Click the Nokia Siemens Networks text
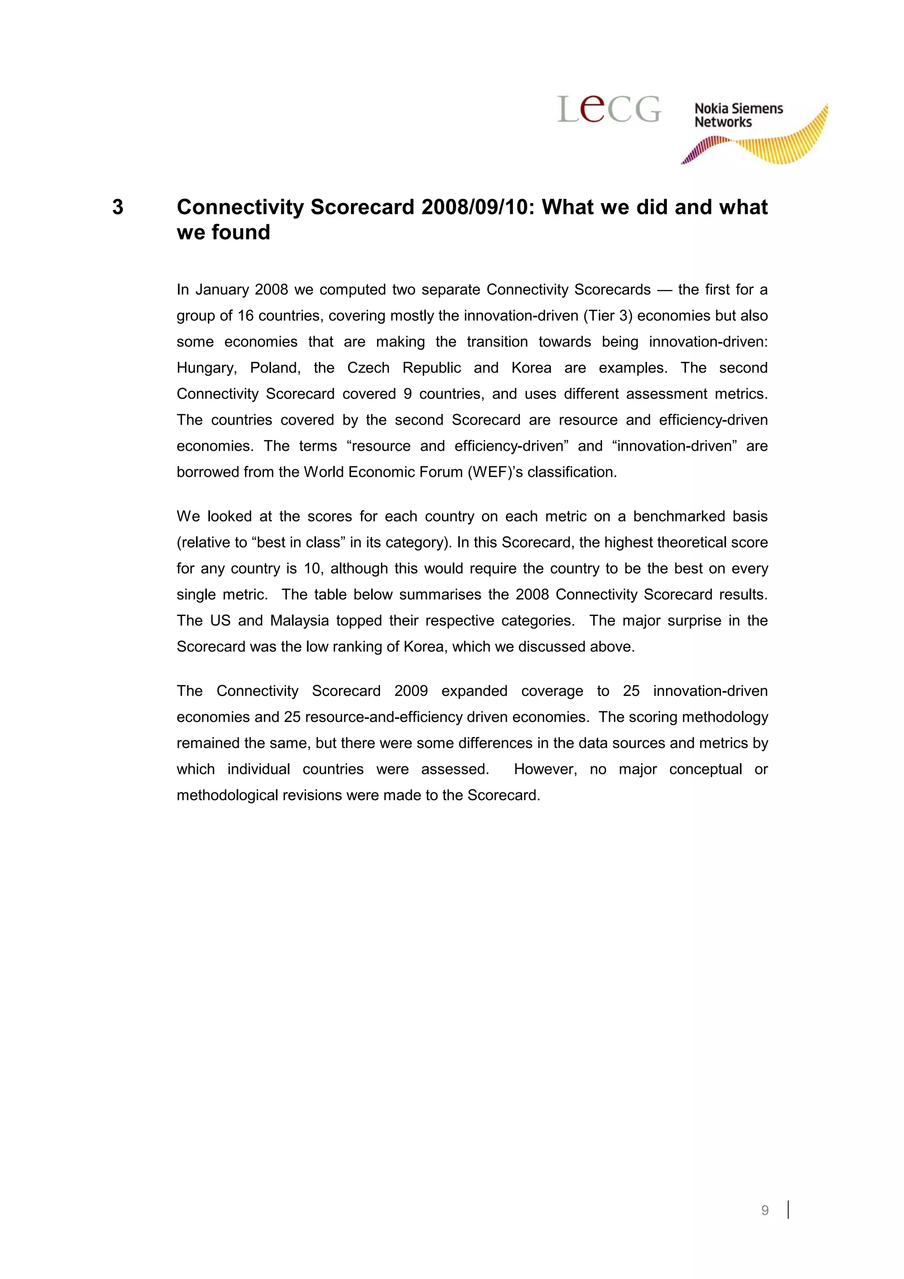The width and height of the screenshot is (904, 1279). pos(738,115)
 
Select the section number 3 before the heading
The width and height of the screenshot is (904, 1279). pos(117,207)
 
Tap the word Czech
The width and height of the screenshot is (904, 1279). pos(368,368)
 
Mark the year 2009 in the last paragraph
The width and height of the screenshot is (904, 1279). pos(411,691)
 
